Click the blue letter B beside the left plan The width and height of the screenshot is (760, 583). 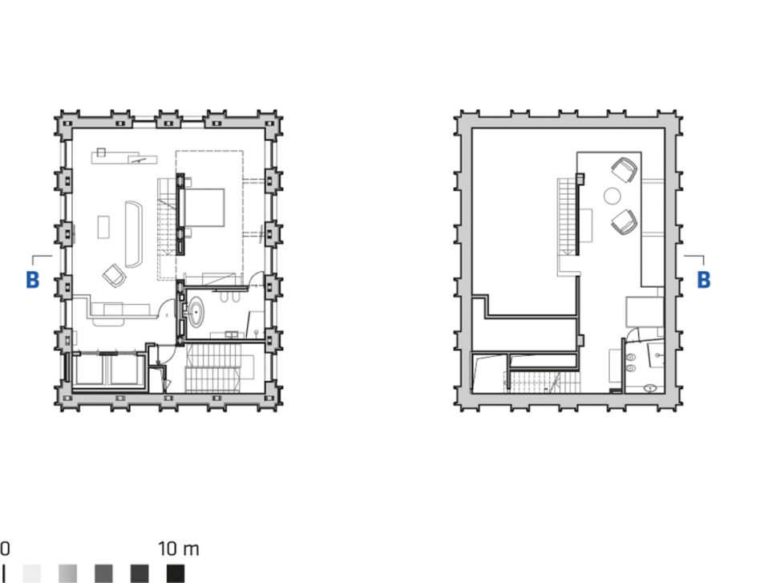(33, 280)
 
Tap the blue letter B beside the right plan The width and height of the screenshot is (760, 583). (704, 280)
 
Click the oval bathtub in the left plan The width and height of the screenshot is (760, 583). (196, 312)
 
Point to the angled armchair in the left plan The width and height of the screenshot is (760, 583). (115, 276)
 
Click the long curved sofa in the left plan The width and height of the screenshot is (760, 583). (133, 234)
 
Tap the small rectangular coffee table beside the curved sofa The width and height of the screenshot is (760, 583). (103, 227)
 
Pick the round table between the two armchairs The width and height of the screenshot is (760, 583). (612, 196)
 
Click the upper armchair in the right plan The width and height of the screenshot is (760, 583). (625, 170)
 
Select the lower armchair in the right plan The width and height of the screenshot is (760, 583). (625, 221)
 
